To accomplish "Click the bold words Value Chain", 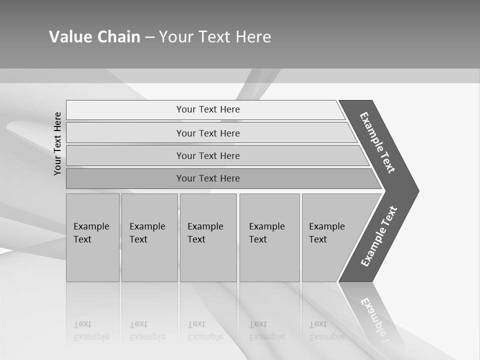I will (x=94, y=37).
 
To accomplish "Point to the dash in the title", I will (x=149, y=37).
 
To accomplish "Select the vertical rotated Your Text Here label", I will (x=57, y=143).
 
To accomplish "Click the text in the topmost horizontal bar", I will (x=208, y=109).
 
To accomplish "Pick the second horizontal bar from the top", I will (x=208, y=133).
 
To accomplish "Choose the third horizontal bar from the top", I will (x=208, y=155).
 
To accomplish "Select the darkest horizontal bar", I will (x=208, y=178).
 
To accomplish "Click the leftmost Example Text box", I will (x=92, y=237).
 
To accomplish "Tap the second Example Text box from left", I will (x=149, y=237).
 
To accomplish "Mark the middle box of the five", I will (x=208, y=237).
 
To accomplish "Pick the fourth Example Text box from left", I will (x=269, y=237).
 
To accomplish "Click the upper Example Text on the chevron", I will (x=377, y=142).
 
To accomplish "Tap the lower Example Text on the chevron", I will (x=378, y=236).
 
